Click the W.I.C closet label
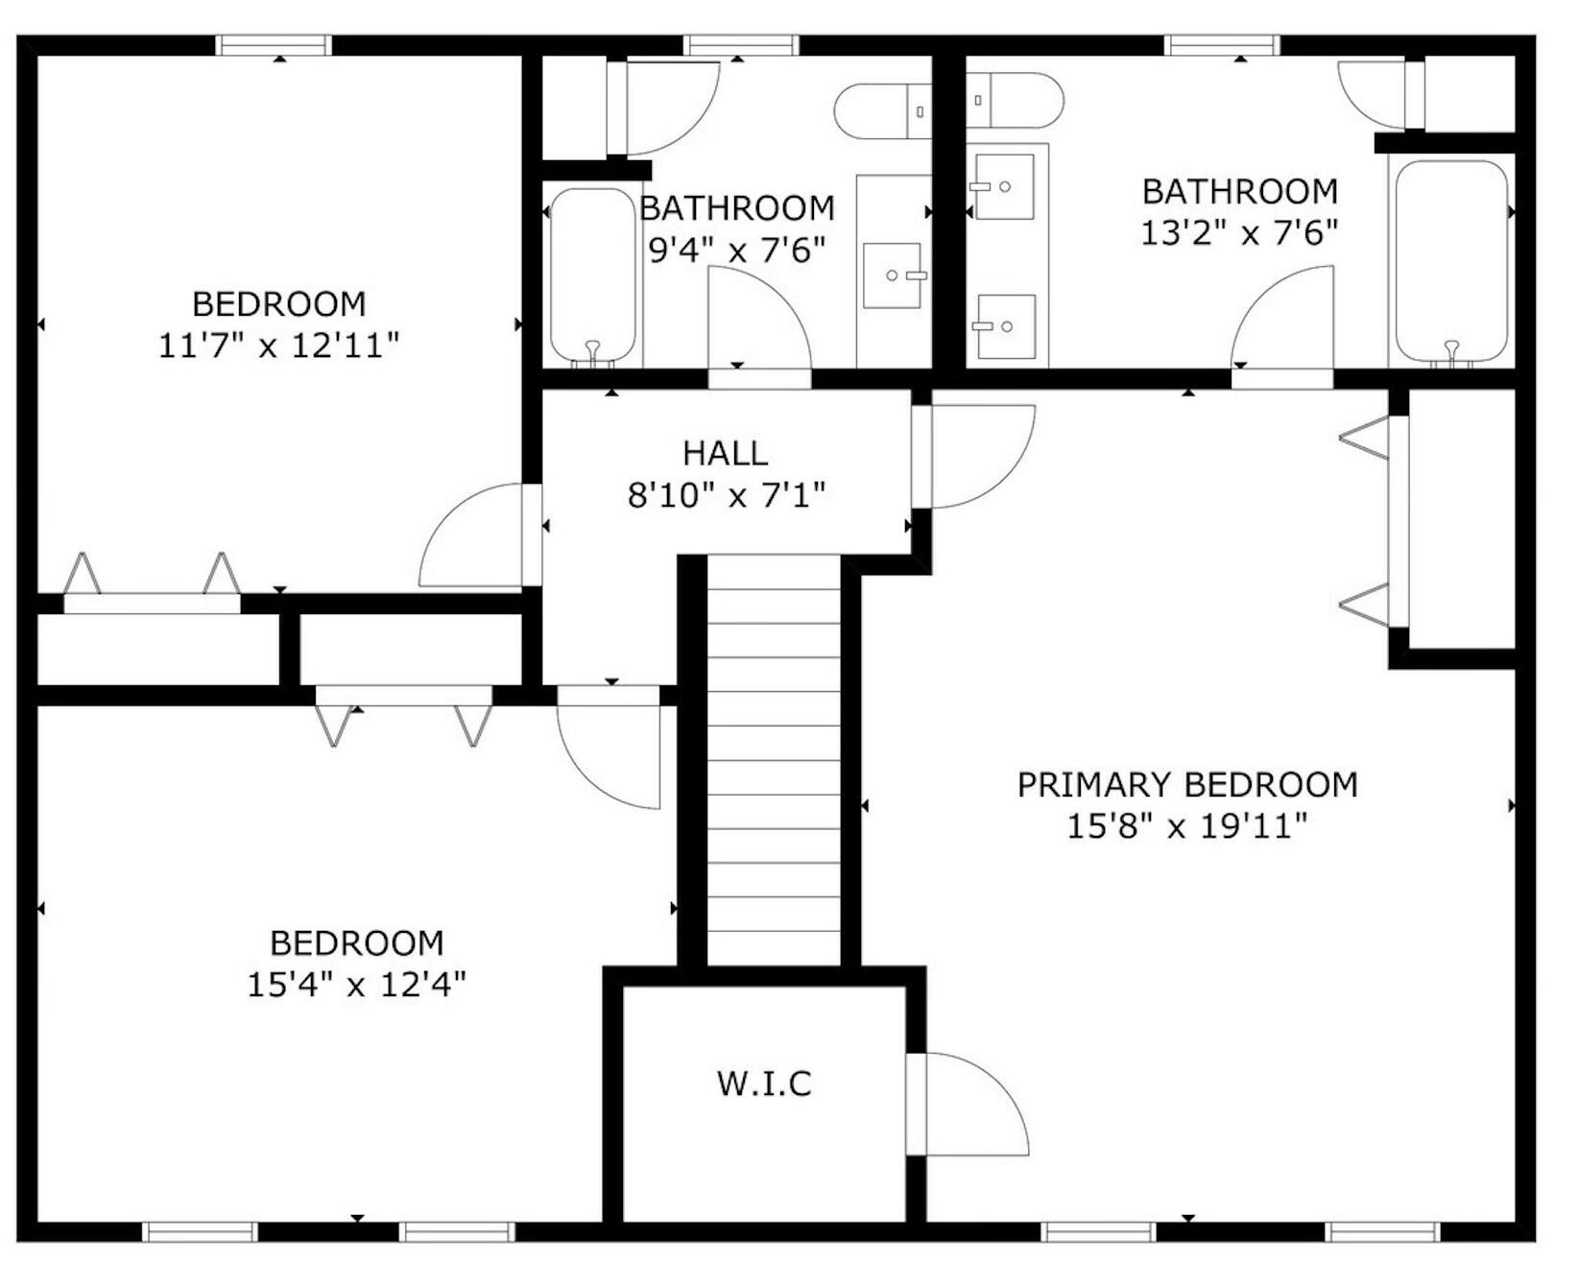click(x=764, y=1084)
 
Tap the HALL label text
click(x=726, y=453)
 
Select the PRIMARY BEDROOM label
click(x=1187, y=785)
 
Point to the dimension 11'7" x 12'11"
click(x=278, y=346)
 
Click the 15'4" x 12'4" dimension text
click(x=356, y=985)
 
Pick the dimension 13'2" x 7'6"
click(x=1239, y=233)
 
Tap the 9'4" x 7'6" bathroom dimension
click(x=737, y=250)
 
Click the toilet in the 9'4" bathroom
click(x=883, y=111)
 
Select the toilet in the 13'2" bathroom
click(x=1015, y=100)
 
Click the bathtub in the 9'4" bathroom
click(x=592, y=276)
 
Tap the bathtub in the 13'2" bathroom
click(x=1451, y=262)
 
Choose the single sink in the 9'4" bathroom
click(x=892, y=275)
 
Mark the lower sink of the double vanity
click(x=1006, y=326)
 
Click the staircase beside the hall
click(x=774, y=761)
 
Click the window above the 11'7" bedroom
click(x=274, y=45)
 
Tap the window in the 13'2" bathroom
click(x=1222, y=45)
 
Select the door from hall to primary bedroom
click(x=974, y=456)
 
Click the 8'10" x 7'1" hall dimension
click(x=726, y=496)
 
